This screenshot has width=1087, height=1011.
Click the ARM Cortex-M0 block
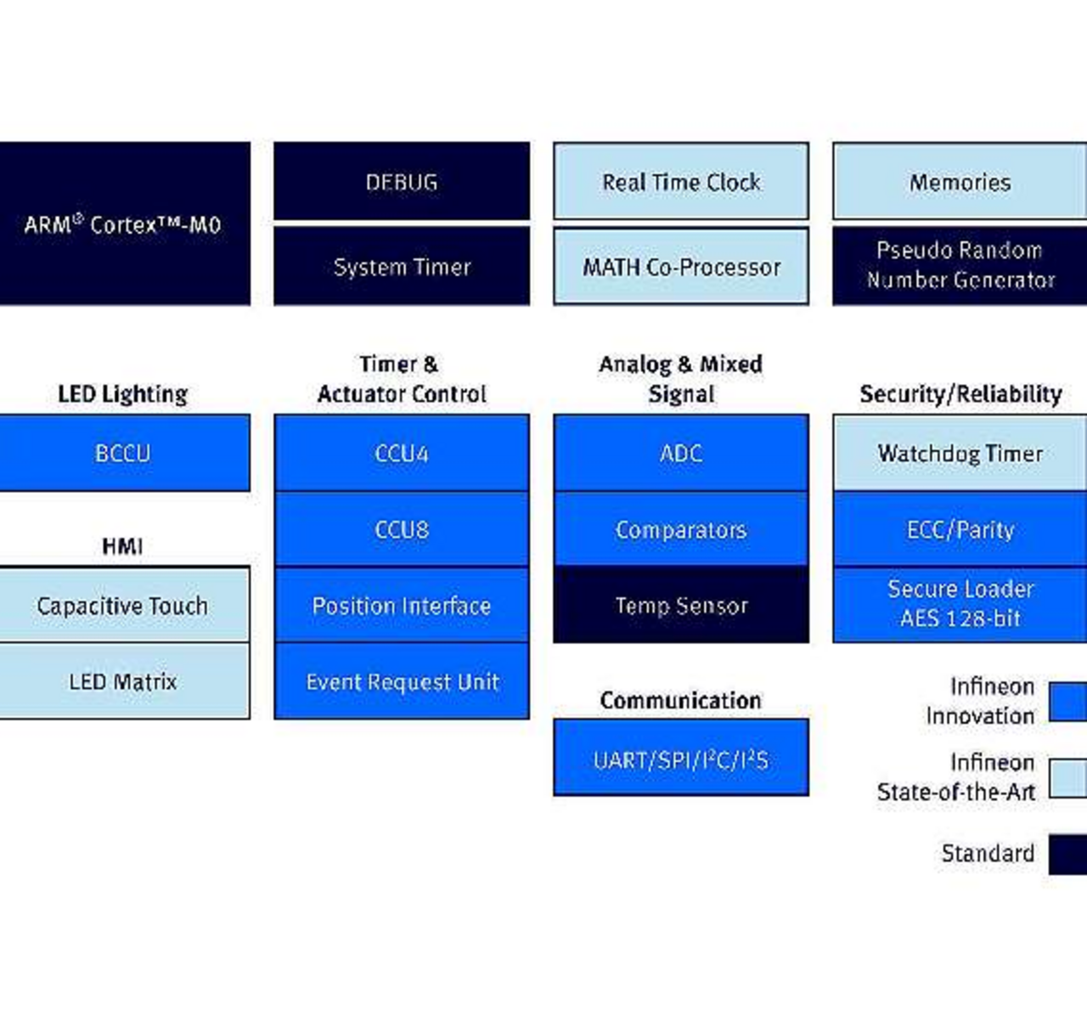124,223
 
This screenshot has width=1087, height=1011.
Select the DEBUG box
401,182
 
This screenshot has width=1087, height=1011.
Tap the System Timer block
401,267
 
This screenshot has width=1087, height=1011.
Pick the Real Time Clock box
681,182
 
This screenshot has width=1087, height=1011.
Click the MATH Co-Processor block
681,267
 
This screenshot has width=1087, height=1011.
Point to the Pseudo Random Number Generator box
960,265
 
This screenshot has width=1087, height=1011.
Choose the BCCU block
124,453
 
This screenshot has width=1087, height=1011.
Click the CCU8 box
401,529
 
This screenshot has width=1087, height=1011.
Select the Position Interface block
401,606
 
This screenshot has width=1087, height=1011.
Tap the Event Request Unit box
401,681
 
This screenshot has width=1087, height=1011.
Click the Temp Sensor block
681,606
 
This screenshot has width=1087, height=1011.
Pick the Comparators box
681,529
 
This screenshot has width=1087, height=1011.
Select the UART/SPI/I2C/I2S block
681,759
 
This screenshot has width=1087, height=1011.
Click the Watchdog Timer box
960,453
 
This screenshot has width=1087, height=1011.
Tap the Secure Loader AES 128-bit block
960,604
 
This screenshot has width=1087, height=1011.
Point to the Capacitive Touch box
124,606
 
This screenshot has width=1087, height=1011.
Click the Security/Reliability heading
960,394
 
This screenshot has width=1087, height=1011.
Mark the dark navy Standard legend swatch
1067,854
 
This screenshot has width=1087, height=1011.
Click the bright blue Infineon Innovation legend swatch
1067,701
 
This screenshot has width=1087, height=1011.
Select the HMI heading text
122,546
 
